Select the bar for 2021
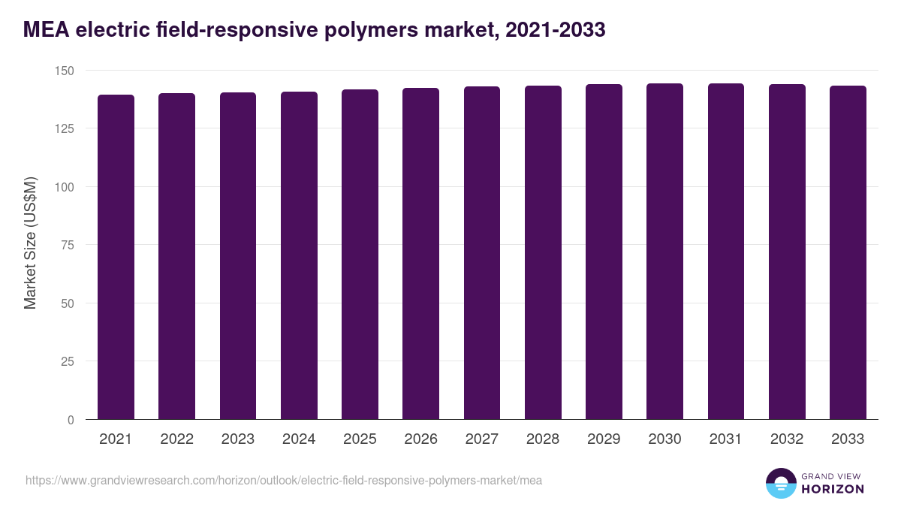116,257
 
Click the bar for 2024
299,255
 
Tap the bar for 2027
482,253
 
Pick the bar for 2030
664,252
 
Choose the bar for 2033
848,252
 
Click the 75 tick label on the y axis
68,245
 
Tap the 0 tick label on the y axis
71,420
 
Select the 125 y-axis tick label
65,128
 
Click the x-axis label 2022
176,439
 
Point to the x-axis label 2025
360,439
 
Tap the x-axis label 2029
604,439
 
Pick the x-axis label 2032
787,439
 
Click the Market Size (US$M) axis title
30,243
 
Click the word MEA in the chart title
47,30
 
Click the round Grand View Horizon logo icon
780,484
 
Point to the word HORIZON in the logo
833,489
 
